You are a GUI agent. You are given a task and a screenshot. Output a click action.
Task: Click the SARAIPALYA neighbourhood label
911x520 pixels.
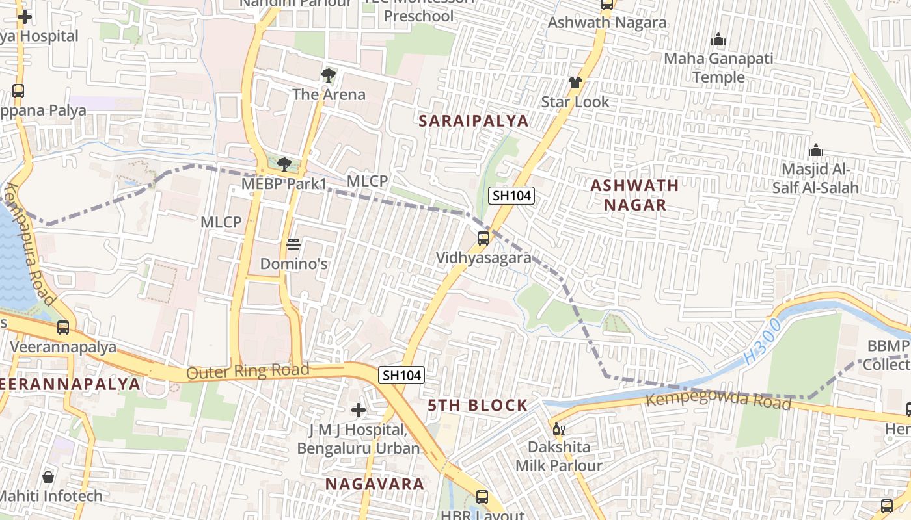pos(473,121)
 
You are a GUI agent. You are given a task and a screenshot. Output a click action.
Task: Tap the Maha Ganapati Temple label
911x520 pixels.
pos(718,68)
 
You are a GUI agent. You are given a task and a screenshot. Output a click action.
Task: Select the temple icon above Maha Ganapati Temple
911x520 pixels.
pos(718,40)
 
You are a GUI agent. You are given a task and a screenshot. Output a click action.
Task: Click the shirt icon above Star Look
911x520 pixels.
pos(575,83)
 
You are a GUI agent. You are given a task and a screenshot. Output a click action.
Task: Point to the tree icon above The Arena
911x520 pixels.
pos(329,75)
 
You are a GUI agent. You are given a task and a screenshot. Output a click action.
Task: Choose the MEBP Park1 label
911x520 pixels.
pos(284,184)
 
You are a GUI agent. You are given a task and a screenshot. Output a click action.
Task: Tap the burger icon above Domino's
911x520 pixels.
pos(293,245)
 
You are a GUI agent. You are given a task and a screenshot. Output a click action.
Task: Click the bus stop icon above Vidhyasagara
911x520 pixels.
pos(483,239)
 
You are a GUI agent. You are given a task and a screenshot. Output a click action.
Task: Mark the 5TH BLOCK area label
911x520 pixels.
pos(478,406)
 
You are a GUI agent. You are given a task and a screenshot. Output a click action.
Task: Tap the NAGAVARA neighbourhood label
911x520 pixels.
pos(374,484)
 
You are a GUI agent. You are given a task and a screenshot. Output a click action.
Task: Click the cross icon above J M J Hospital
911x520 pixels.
pos(358,410)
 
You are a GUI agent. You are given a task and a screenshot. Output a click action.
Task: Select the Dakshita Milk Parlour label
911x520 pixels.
pos(559,456)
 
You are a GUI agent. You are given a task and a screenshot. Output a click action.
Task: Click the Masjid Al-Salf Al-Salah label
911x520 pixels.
pos(815,179)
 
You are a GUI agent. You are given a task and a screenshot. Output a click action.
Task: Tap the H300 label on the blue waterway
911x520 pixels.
pos(761,341)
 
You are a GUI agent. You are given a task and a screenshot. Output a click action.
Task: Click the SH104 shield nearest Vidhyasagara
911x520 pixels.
pos(511,196)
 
